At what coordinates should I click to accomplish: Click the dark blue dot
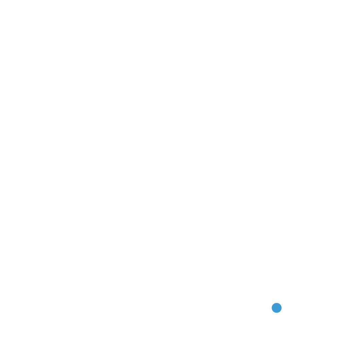(277, 308)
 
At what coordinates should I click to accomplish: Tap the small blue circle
(277, 308)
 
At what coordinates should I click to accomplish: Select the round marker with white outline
(277, 308)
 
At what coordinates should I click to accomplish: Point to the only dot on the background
(277, 308)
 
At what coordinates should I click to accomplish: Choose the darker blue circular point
(277, 308)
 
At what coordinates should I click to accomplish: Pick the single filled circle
(277, 308)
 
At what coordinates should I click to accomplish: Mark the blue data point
(277, 308)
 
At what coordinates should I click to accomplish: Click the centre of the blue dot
(277, 308)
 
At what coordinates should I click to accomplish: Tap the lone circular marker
(277, 308)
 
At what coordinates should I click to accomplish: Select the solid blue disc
(277, 308)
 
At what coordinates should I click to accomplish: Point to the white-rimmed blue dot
(277, 308)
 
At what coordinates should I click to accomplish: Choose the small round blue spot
(277, 308)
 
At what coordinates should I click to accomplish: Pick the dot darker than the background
(277, 308)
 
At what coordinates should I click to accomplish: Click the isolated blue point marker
(277, 308)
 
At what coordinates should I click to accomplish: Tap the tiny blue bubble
(277, 308)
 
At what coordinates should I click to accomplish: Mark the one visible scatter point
(277, 308)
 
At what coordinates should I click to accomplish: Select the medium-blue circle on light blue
(277, 308)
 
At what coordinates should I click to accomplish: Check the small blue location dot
(277, 308)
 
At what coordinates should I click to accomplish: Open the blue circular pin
(277, 308)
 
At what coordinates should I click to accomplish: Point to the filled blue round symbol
(277, 308)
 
